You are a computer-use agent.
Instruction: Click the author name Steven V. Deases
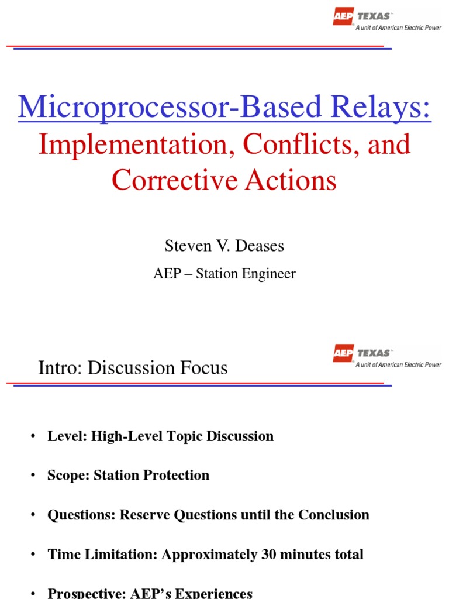pos(224,246)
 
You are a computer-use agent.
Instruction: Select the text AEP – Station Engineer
pos(224,274)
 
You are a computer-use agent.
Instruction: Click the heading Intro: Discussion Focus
pos(133,368)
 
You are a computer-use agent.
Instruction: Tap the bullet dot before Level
pos(33,436)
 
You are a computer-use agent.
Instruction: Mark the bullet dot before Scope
pos(33,476)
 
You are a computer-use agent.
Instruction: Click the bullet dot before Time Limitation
pos(33,555)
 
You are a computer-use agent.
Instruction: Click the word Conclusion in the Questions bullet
pos(334,515)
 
